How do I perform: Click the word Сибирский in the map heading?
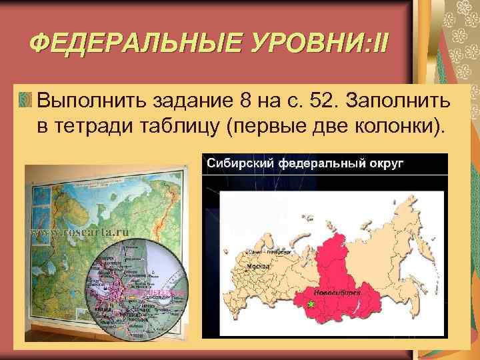pos(237,163)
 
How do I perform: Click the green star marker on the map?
pos(310,304)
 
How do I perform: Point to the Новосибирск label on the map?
pos(331,292)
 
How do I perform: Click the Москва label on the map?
pos(258,265)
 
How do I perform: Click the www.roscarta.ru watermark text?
pos(81,233)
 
